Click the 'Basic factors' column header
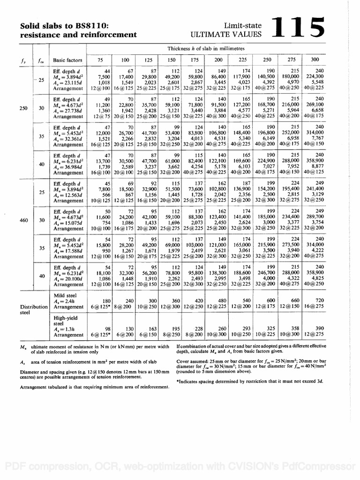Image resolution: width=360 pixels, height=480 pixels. (x=67, y=60)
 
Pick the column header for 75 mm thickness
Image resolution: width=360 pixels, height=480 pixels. (x=101, y=60)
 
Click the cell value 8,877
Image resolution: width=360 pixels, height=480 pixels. (x=317, y=166)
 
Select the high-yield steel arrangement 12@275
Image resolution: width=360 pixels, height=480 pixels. (x=315, y=335)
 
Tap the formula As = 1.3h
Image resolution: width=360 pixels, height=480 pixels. (x=63, y=329)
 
